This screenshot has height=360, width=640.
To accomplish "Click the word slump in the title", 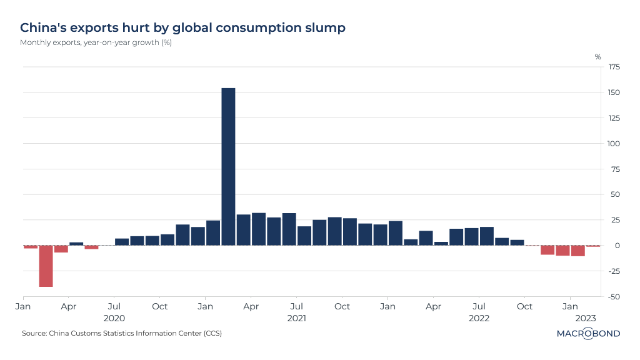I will (x=324, y=28).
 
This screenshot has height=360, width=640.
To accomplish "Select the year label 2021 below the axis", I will (x=296, y=318).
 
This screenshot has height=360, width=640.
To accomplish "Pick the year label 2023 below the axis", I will (x=586, y=318).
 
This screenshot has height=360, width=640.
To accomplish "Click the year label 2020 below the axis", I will (x=114, y=318).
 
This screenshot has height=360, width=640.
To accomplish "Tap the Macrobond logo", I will (x=588, y=333).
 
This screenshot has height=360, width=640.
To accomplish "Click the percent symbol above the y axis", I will (x=597, y=57).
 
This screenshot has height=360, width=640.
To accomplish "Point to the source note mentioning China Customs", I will (x=121, y=333).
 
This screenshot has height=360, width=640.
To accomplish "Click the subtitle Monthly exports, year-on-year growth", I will (x=96, y=42).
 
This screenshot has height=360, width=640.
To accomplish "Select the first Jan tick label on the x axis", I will (x=23, y=307).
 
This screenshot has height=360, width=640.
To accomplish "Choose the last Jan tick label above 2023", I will (x=570, y=307).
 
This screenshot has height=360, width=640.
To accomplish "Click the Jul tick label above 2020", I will (x=114, y=307).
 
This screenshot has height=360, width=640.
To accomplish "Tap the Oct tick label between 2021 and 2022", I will (x=342, y=307).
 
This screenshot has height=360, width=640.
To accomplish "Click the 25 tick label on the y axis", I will (x=615, y=220).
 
